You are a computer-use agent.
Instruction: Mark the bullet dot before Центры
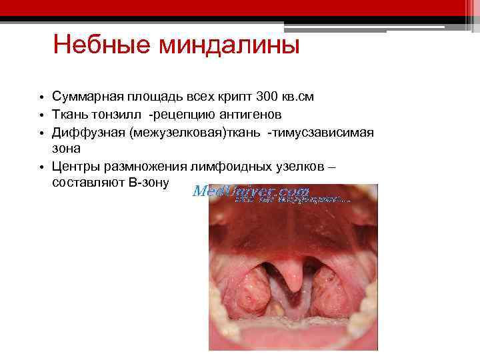pos(41,166)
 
